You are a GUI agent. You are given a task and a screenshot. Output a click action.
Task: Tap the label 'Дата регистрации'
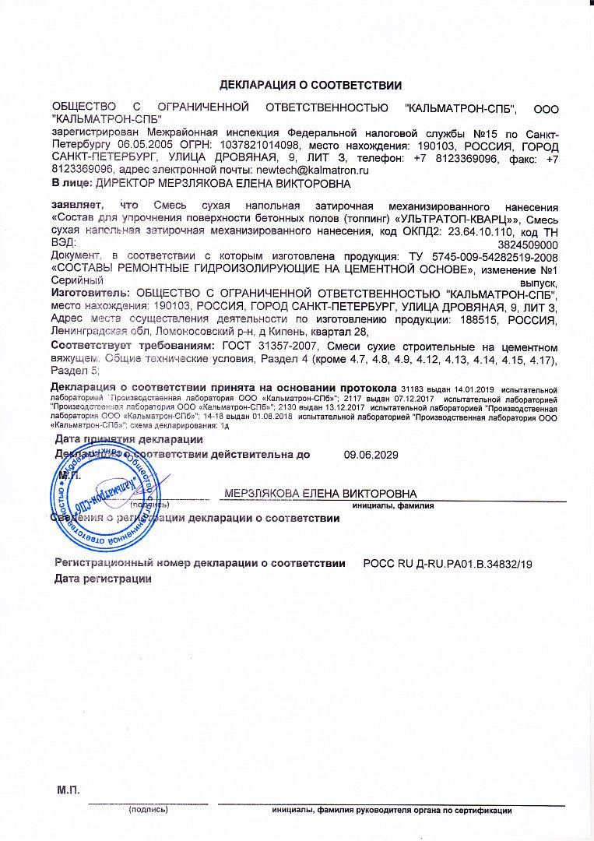click(x=102, y=579)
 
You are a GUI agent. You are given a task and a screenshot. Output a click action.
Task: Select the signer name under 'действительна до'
click(x=320, y=494)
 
